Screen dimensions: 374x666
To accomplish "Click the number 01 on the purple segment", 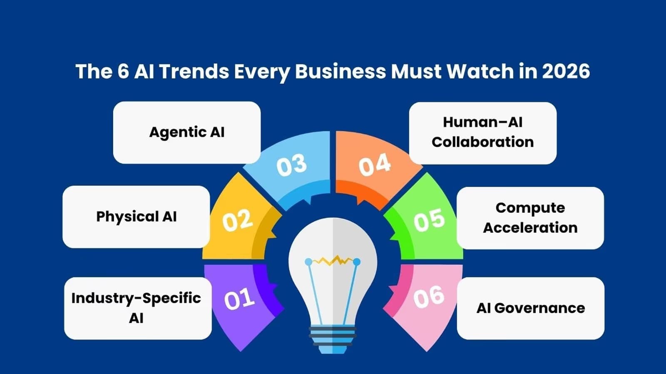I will click(x=239, y=299).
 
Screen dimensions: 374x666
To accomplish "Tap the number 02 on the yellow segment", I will click(x=237, y=220).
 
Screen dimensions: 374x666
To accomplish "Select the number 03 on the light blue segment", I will click(x=291, y=165).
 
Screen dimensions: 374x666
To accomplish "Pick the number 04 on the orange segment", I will click(x=375, y=165).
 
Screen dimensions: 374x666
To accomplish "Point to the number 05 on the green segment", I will click(x=429, y=219).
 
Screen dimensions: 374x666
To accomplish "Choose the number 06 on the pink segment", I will click(x=429, y=297).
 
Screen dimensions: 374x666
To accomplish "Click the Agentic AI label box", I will click(x=187, y=132).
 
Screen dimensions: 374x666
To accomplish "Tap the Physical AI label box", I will click(x=136, y=217).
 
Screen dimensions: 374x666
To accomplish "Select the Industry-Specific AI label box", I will click(x=137, y=308).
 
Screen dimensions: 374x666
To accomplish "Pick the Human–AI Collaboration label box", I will click(x=483, y=133).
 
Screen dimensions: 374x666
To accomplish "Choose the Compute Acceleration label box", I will click(x=530, y=218).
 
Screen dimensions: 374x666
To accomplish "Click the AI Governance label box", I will click(x=530, y=308).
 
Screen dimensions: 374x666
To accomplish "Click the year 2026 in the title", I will click(x=566, y=71).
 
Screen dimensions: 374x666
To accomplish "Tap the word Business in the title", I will click(x=340, y=71).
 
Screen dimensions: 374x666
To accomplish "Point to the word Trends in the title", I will click(x=194, y=71).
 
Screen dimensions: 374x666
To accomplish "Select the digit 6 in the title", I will click(x=123, y=71).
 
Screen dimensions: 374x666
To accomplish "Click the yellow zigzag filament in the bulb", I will click(x=333, y=261).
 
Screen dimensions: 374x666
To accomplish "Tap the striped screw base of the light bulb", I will click(x=333, y=335).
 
